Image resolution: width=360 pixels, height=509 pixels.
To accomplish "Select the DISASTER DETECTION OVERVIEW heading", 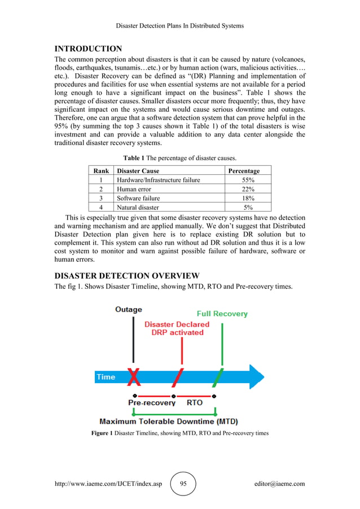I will (126, 275).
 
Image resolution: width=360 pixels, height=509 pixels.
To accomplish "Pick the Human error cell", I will (135, 189).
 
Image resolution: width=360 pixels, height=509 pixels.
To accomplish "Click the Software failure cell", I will (138, 198).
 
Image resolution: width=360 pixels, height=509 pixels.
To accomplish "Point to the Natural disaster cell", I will (138, 207).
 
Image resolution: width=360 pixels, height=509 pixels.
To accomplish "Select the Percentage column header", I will (244, 170).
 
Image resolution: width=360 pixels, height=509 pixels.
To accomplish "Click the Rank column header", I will (101, 170).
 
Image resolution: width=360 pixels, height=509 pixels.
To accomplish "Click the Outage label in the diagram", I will (129, 309).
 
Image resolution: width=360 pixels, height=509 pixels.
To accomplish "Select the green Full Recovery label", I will (222, 314).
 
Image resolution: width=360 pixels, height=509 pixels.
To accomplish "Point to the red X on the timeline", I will (134, 376).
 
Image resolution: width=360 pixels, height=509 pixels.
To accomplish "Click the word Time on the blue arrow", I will (106, 377).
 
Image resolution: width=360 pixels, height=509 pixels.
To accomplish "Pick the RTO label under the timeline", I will (195, 403).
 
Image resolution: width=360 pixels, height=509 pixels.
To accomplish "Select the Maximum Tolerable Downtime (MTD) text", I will (169, 422).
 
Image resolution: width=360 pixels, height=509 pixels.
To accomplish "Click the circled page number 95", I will (183, 484).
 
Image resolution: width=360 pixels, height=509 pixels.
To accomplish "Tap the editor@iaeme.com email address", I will (279, 484).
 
